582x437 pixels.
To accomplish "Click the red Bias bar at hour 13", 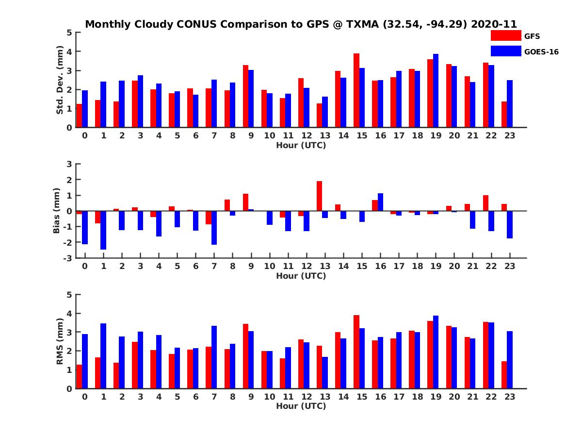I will pos(319,196).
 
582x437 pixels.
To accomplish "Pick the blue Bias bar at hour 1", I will pos(103,230).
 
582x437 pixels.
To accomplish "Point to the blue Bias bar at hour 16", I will pos(380,202).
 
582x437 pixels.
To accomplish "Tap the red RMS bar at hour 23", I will pos(504,375).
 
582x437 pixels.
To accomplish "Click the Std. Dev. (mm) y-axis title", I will pos(60,80).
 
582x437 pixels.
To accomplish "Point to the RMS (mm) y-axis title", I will pos(60,341).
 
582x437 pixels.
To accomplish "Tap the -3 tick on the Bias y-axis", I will pos(69,258).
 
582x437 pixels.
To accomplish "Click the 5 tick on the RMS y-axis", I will pos(69,295).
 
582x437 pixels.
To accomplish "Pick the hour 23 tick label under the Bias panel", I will pos(509,266).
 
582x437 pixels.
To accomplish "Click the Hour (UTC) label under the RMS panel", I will pos(301,406).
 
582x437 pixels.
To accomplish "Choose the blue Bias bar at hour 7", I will pos(214,228).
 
